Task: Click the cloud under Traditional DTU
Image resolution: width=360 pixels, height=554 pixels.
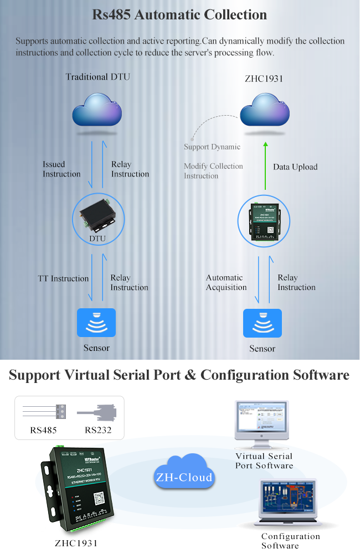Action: point(97,111)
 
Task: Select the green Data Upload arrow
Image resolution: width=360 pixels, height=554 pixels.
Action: point(265,166)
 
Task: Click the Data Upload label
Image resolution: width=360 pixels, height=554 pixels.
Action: point(295,167)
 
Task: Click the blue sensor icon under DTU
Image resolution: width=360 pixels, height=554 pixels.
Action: point(96,323)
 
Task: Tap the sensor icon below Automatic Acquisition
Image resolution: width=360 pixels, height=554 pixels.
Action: point(263,323)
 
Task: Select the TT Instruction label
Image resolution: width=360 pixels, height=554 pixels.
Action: point(63,278)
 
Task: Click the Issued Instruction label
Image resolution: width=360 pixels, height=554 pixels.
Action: point(61,169)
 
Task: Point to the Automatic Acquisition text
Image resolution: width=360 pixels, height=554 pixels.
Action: point(226,282)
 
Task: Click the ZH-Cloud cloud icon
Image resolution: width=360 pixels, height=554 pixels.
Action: point(184,473)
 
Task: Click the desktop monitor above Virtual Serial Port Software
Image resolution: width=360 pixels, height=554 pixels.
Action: point(264,423)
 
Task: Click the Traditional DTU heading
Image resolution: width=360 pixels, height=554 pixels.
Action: point(98,77)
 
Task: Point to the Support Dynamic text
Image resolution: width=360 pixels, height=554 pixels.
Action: point(212,147)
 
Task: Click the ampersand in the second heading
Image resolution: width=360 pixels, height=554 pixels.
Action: point(190,375)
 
